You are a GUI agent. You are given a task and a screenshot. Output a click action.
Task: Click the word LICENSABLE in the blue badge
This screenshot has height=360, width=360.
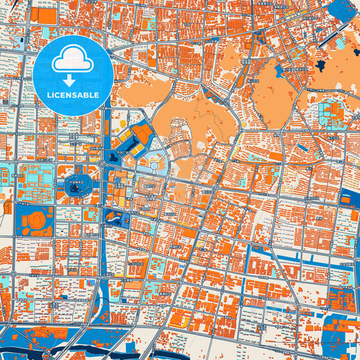click(x=72, y=95)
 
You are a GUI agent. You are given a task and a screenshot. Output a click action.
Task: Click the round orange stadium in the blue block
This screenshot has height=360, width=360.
click(x=35, y=220)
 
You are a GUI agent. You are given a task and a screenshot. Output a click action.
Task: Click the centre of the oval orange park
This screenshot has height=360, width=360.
click(x=277, y=88)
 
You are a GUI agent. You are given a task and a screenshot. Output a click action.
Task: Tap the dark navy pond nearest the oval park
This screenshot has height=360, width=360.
click(x=320, y=66)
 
